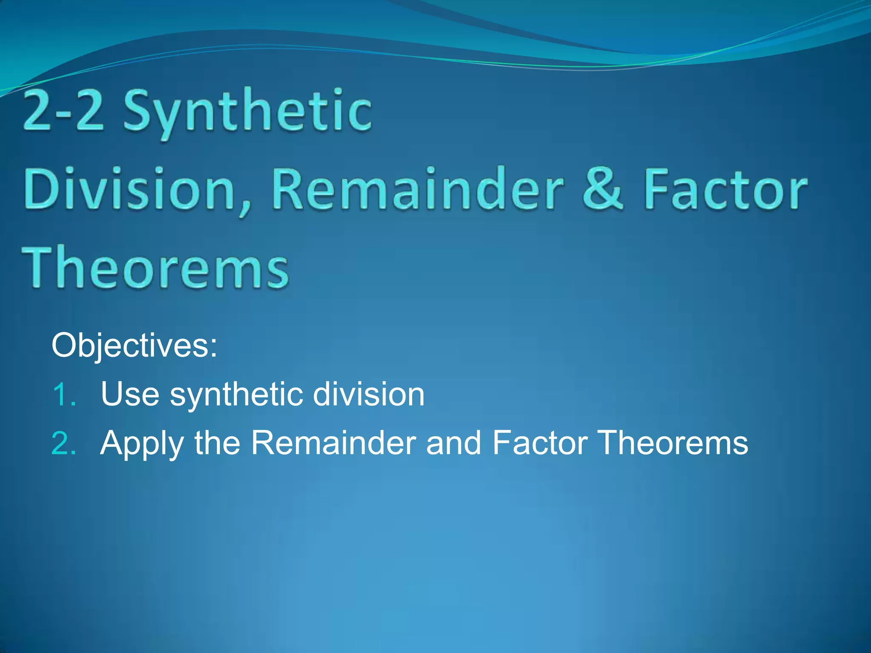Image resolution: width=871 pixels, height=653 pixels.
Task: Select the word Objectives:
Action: (134, 346)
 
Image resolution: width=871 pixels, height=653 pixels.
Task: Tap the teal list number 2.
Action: (64, 443)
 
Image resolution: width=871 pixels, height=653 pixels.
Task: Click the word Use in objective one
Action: (130, 395)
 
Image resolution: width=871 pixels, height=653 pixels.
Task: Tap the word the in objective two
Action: (217, 443)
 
